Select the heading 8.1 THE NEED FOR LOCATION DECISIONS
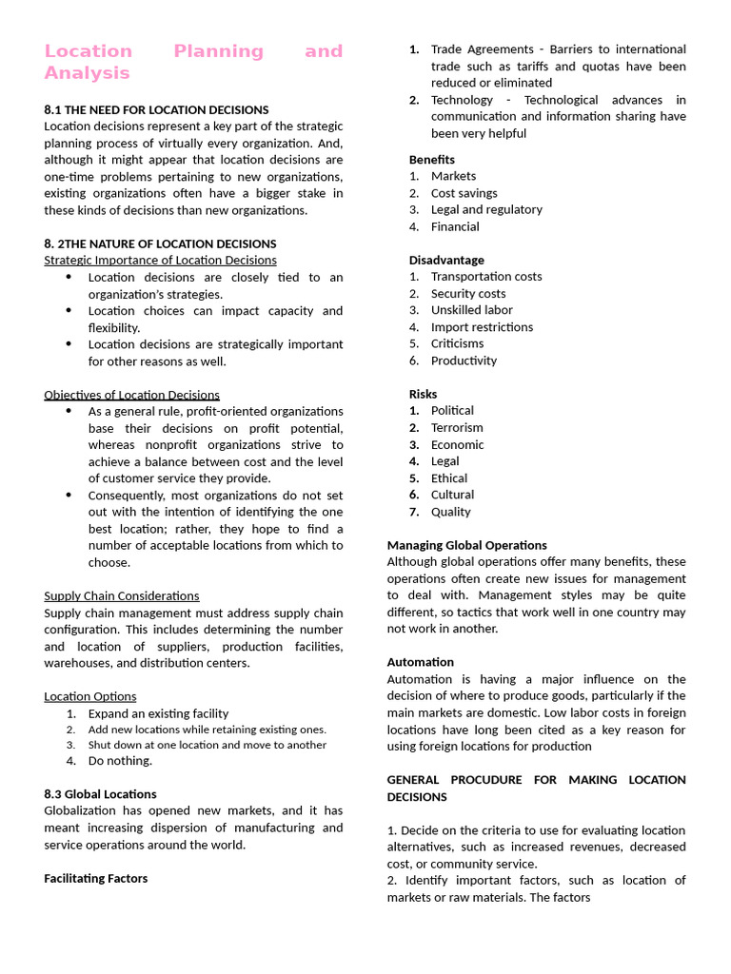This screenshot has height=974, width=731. [156, 109]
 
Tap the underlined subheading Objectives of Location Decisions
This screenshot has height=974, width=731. [131, 395]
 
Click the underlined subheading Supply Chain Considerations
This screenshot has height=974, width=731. [122, 596]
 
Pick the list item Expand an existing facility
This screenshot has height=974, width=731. [158, 713]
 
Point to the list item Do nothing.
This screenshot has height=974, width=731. [120, 761]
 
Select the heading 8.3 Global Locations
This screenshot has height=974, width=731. [100, 794]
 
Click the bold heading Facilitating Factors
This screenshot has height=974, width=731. [95, 879]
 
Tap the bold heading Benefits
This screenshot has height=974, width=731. [432, 160]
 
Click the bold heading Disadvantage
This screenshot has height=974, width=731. [446, 260]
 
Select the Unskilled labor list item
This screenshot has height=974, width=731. [471, 310]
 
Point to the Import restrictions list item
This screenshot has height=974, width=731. [482, 327]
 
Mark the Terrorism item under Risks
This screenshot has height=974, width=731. [457, 428]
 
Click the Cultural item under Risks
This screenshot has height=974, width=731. [452, 495]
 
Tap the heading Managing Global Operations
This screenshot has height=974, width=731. [466, 545]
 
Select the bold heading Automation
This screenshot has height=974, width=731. [420, 662]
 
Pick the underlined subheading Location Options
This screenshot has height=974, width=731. [89, 696]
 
